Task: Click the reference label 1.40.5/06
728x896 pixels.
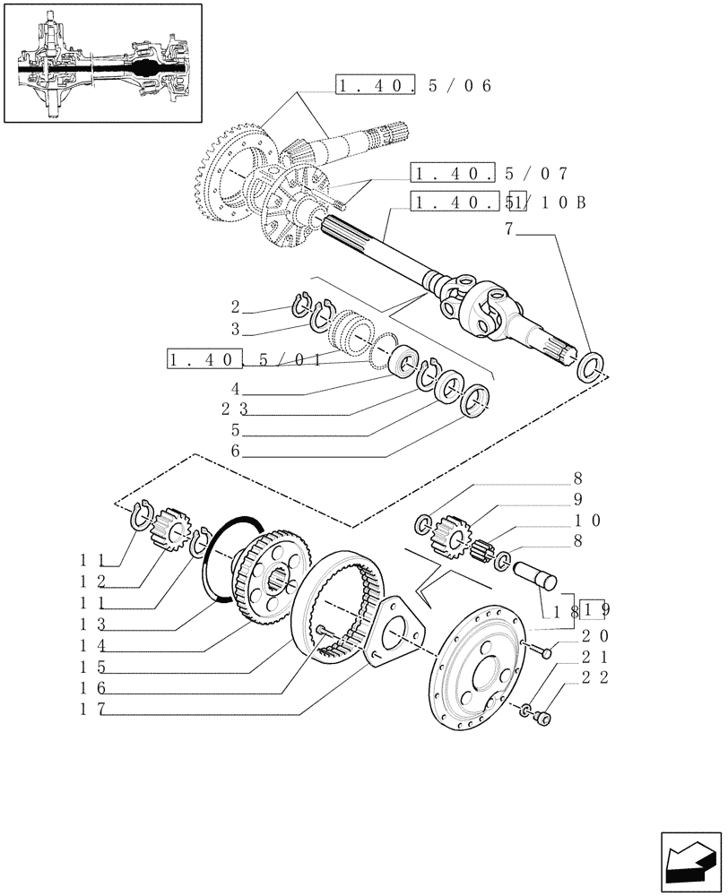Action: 414,86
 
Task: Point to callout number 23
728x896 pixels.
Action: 235,409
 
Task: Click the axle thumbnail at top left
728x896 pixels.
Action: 102,64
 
